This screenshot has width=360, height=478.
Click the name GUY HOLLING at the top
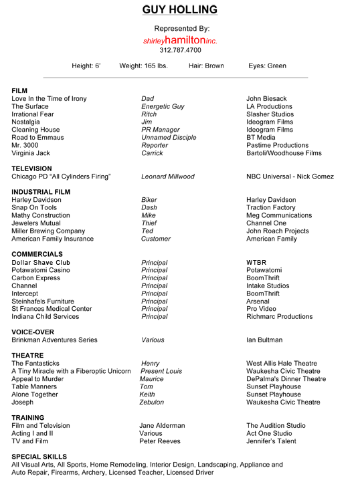[x=180, y=10]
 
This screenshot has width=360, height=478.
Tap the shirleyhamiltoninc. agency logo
[x=180, y=40]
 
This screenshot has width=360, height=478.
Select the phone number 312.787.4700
[x=180, y=50]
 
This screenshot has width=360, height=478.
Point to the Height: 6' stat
[x=86, y=66]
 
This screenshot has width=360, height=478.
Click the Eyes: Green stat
[x=267, y=66]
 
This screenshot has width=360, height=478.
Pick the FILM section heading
[x=19, y=91]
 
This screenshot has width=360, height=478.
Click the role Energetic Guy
[x=163, y=106]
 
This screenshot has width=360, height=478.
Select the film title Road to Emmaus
[x=37, y=138]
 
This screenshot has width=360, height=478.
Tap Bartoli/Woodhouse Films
[x=284, y=153]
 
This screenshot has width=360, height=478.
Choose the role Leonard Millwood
[x=168, y=176]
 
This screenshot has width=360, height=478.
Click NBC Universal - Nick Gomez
[x=290, y=176]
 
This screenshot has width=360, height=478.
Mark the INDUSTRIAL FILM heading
[x=41, y=192]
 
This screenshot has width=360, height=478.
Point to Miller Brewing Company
[x=48, y=231]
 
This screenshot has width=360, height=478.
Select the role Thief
[x=150, y=223]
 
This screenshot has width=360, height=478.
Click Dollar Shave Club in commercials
[x=41, y=263]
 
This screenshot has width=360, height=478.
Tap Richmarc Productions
[x=279, y=317]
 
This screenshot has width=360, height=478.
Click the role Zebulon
[x=153, y=402]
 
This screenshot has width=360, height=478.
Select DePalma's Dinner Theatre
[x=286, y=379]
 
